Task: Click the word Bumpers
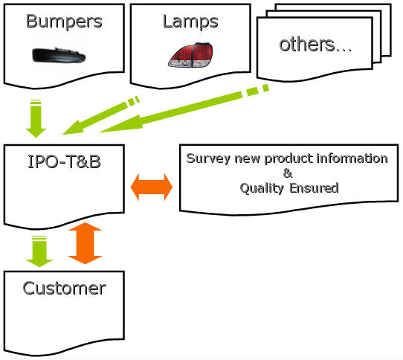(x=64, y=22)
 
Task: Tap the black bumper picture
(x=59, y=55)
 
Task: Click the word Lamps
(x=190, y=22)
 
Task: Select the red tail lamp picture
(x=190, y=55)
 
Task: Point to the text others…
(x=315, y=45)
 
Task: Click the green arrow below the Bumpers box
(x=36, y=118)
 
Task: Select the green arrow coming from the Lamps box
(x=101, y=115)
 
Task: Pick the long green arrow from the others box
(x=184, y=109)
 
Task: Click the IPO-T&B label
(x=64, y=161)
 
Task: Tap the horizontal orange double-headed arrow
(x=152, y=187)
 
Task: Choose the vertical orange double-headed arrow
(x=86, y=243)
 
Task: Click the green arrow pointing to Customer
(x=39, y=251)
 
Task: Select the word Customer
(x=64, y=289)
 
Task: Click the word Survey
(x=208, y=158)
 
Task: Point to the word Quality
(x=262, y=188)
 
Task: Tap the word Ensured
(x=314, y=188)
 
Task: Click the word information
(x=352, y=158)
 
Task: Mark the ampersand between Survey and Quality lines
(x=288, y=173)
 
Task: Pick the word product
(x=288, y=158)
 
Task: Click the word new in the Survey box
(x=248, y=159)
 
